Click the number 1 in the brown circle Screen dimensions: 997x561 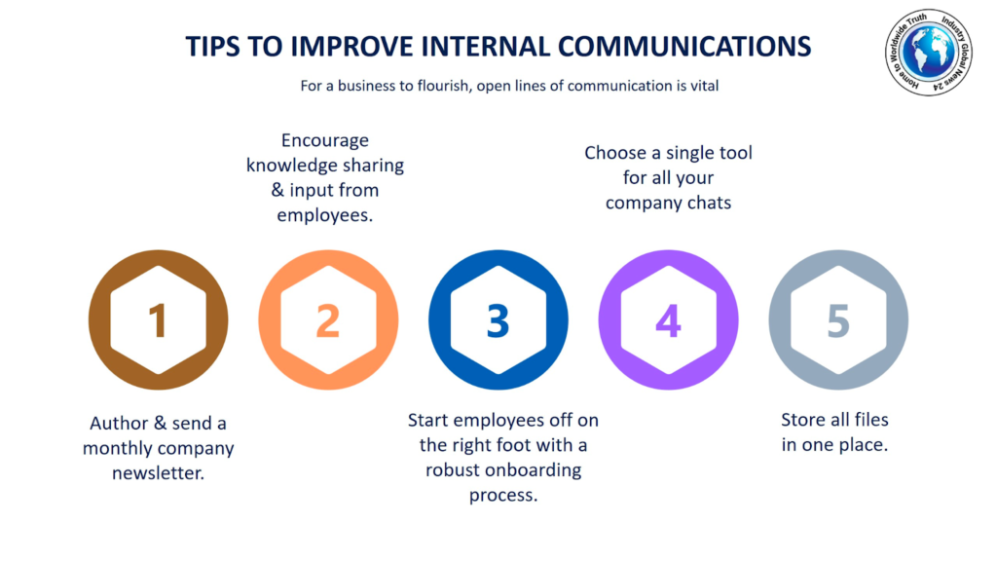158,319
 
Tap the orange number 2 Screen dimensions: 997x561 328,319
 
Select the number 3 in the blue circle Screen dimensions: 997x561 498,319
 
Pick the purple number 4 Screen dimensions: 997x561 668,319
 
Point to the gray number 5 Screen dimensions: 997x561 838,319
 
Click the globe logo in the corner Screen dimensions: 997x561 929,53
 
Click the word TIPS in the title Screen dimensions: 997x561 213,47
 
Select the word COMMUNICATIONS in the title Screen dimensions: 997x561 684,47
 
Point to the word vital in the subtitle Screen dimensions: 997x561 705,86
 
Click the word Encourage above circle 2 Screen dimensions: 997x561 325,140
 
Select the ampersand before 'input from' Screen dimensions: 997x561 277,190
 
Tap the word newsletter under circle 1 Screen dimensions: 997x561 159,472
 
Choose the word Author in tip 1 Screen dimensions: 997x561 119,423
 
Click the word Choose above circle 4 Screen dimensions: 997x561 614,153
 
